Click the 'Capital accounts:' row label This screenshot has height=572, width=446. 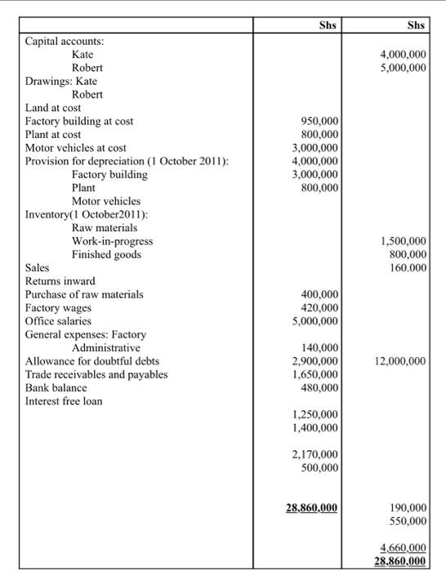point(70,40)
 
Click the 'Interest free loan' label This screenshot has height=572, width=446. point(65,401)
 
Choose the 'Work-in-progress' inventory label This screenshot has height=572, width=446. point(112,241)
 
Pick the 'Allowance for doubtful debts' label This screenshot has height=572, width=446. point(92,361)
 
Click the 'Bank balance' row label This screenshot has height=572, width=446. point(58,387)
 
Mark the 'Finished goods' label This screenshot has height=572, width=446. point(106,254)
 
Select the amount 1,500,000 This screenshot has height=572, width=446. point(404,241)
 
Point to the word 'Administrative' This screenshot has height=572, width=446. point(106,348)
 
